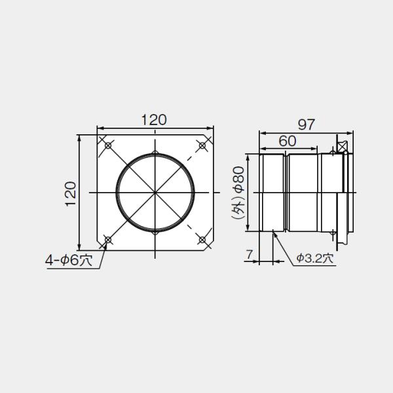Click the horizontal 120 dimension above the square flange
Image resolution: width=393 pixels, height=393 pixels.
click(x=155, y=120)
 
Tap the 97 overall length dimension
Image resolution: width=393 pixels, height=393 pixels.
click(x=306, y=123)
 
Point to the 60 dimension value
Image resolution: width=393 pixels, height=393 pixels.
click(x=287, y=140)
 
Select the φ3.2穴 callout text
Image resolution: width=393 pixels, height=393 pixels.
click(x=314, y=259)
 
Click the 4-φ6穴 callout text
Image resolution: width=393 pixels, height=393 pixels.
click(x=69, y=260)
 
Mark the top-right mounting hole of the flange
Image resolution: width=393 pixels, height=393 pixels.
click(x=203, y=145)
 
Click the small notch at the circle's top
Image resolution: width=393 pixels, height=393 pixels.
click(x=155, y=154)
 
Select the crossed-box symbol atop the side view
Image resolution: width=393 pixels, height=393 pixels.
click(x=341, y=145)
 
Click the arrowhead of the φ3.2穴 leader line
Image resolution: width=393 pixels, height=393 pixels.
click(x=274, y=233)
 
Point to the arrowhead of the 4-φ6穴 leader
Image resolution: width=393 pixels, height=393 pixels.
click(x=106, y=244)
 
